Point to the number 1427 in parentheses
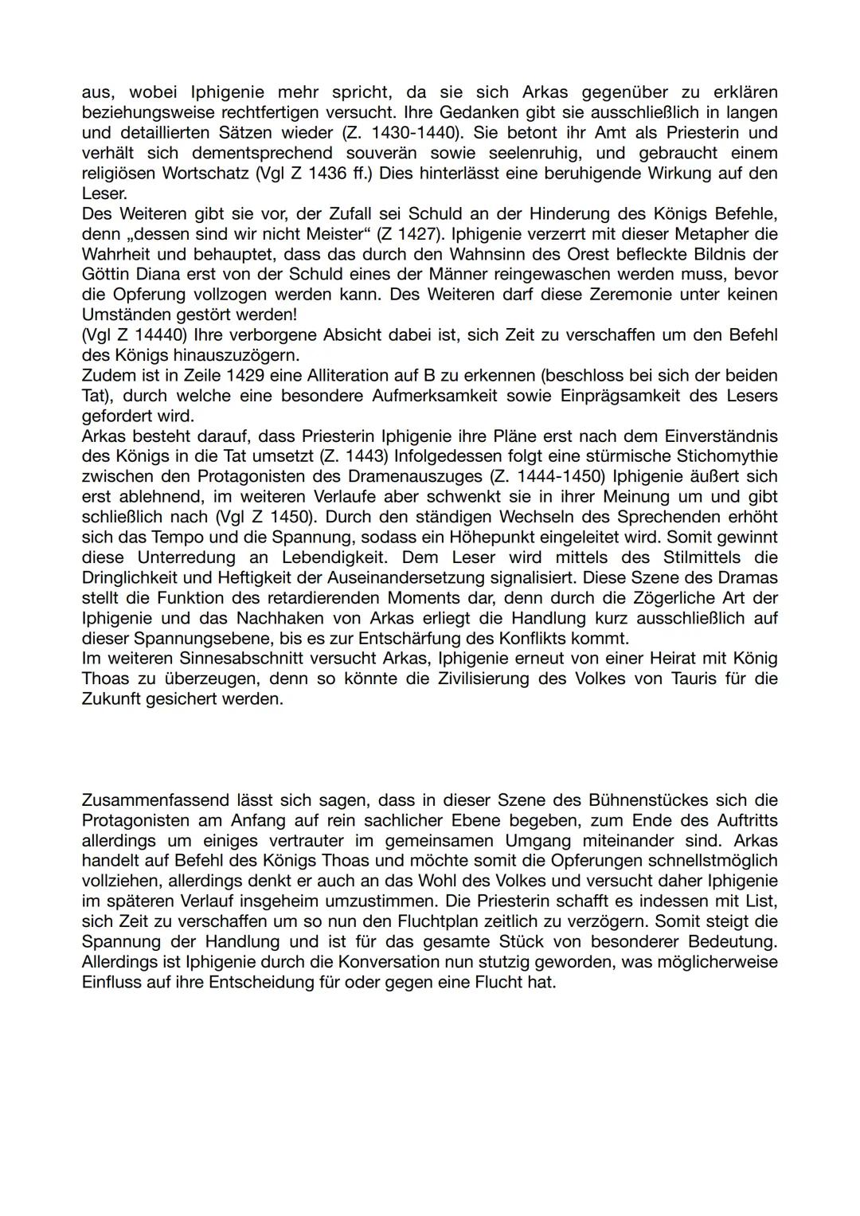click(409, 234)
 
